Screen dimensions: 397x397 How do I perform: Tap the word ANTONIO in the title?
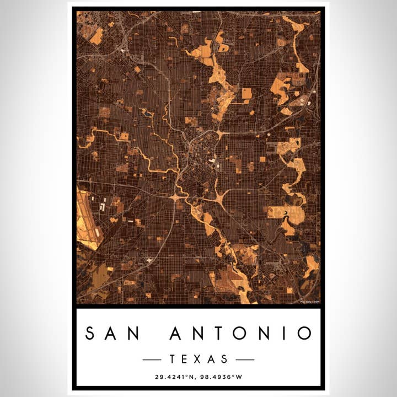click(x=241, y=333)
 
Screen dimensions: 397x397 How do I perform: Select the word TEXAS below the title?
click(x=198, y=360)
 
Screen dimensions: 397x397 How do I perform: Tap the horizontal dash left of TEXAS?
click(x=152, y=360)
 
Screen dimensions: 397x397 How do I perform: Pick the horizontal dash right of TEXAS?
click(x=245, y=360)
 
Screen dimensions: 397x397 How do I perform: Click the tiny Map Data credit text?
click(x=310, y=301)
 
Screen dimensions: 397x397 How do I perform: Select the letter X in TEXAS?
click(x=198, y=360)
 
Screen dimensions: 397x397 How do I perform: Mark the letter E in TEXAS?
click(x=186, y=360)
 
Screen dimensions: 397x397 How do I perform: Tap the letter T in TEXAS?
click(x=173, y=360)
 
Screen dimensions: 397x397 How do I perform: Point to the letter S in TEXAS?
click(x=224, y=360)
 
